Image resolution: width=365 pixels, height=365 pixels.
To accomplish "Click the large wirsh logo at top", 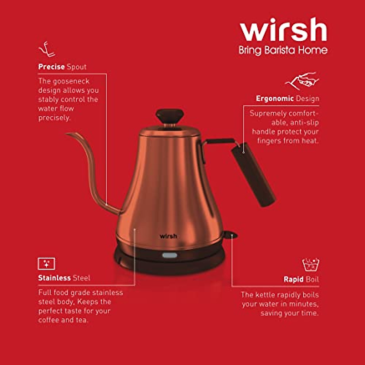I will (x=283, y=30).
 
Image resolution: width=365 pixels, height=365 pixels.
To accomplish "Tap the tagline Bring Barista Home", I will (x=283, y=50).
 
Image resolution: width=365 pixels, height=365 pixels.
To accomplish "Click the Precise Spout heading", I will (x=62, y=67).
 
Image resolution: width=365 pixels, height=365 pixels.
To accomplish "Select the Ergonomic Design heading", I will (x=287, y=99).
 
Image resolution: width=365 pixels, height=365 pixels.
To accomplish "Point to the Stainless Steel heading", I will (x=64, y=278).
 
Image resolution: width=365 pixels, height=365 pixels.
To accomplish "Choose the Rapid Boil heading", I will (x=301, y=280).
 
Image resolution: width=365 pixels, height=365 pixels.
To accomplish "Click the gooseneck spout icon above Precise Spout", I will (x=47, y=50).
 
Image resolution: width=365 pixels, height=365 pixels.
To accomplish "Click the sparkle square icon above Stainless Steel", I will (x=46, y=263).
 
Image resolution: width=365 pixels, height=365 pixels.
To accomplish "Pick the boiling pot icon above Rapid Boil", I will (x=311, y=265).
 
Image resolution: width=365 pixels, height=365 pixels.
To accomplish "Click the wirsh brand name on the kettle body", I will (x=168, y=236).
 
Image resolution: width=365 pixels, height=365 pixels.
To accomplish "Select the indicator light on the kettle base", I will (x=169, y=255).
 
